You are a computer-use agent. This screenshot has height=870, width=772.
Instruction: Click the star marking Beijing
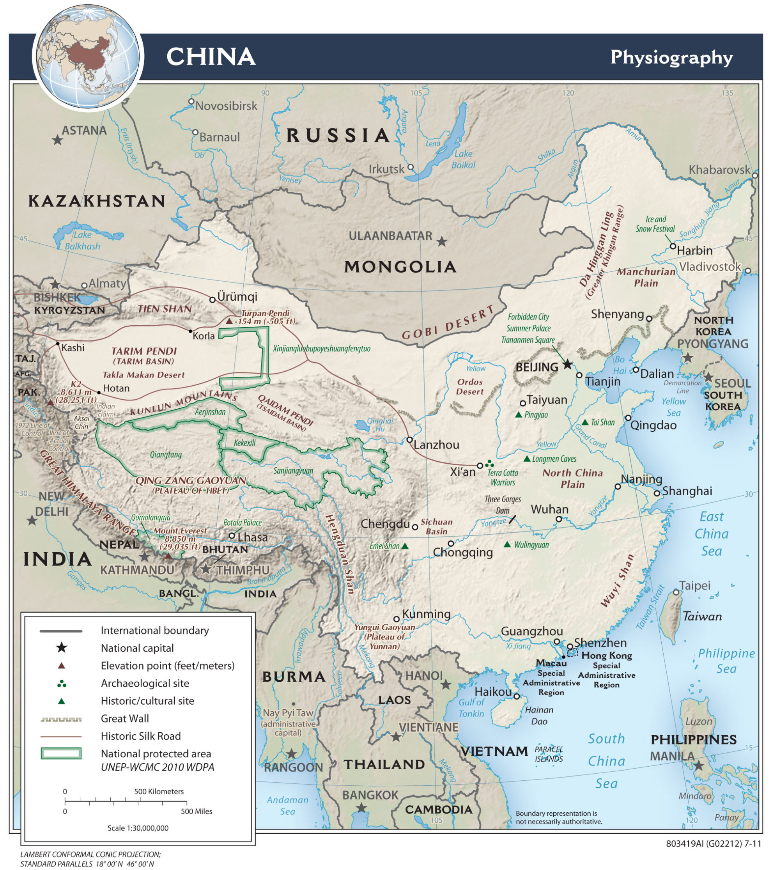(x=568, y=364)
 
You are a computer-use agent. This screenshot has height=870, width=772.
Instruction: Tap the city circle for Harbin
(x=673, y=246)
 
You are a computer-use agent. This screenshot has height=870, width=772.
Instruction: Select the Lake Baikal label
(x=463, y=159)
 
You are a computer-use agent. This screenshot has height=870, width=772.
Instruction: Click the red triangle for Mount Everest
(x=168, y=556)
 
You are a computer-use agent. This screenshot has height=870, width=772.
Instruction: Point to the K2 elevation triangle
(x=50, y=402)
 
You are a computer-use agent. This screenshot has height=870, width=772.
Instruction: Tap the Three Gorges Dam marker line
(x=512, y=519)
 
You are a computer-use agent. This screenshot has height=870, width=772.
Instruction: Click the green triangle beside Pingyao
(x=518, y=415)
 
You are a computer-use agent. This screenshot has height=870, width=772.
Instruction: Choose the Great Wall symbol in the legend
(x=61, y=719)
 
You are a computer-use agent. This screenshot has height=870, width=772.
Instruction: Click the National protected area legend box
(x=61, y=754)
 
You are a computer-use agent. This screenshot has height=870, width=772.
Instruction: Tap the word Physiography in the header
(x=671, y=57)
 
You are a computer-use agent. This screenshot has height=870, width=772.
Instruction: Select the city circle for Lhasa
(x=232, y=536)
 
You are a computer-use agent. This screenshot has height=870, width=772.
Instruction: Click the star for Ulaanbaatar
(x=442, y=242)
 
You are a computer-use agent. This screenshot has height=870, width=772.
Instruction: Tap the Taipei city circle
(x=676, y=592)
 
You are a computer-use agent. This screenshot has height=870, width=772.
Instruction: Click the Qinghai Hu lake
(x=362, y=424)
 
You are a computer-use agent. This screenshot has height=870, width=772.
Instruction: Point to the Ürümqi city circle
(x=212, y=299)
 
